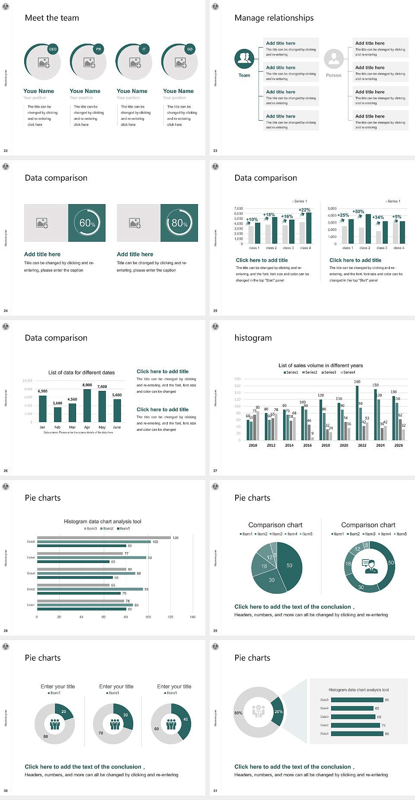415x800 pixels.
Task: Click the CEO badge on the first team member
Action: [53, 49]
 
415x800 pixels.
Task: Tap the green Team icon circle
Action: [244, 58]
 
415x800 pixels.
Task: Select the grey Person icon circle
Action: [334, 58]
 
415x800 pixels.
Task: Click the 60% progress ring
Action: [87, 223]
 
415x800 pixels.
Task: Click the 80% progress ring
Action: [179, 223]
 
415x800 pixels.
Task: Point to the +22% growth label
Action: [304, 210]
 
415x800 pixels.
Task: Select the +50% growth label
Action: [358, 211]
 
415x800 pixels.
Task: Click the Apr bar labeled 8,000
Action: [87, 405]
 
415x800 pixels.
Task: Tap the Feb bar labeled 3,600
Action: [57, 414]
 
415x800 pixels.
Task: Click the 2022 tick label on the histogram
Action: [362, 445]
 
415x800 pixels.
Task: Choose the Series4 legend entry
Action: [348, 372]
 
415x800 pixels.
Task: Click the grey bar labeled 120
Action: [104, 538]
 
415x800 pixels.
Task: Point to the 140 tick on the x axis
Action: [192, 617]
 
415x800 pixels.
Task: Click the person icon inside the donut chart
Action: [370, 566]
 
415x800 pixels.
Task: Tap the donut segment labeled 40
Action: [184, 720]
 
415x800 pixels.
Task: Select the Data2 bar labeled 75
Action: [355, 725]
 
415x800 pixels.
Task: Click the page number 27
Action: [215, 470]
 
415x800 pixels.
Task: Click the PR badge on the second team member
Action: [99, 49]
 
